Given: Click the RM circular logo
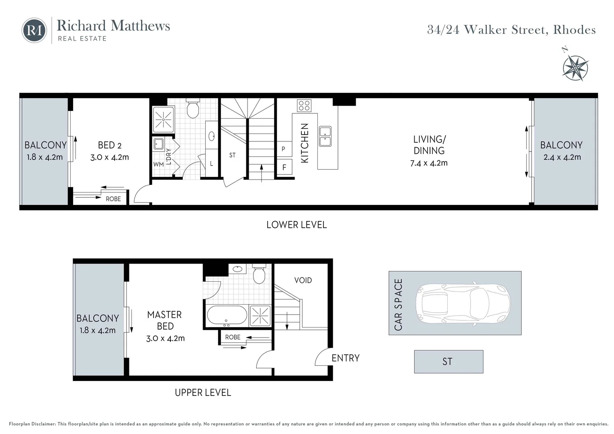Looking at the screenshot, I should pos(34,30).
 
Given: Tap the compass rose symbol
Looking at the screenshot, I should pos(575,68).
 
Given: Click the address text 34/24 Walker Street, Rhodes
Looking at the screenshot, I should pos(511,30).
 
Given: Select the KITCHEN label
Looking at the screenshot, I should pos(305,143).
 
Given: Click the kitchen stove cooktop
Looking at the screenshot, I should pos(304,106).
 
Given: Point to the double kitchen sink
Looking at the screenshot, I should pos(325,136).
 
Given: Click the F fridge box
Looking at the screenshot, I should pos(284,167).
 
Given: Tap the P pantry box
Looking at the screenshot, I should pos(284,149).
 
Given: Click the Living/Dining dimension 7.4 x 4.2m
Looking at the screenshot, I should pos(429,163).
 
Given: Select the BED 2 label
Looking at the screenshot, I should pos(109,145).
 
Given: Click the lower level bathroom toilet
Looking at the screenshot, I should pos(193,108).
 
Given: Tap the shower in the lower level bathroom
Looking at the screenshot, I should pos(164,119).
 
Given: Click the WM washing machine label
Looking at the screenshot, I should pos(158,164).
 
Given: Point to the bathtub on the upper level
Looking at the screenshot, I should pos(227,315).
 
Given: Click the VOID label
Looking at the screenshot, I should pos(303,280).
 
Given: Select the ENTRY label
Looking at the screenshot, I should pos(345,358).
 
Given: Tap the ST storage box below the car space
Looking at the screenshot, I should pos(448,362).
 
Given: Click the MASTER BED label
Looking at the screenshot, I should pos(165,320).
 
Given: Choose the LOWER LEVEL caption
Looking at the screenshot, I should pos(297,225).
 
